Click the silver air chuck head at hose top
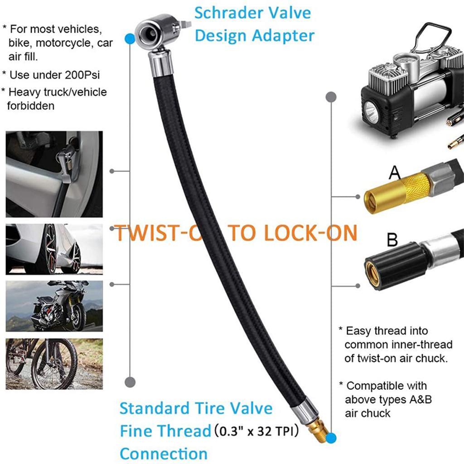[154, 34]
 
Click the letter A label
[395, 173]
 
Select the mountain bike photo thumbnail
[54, 364]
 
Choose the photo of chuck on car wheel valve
[54, 174]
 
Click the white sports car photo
[54, 249]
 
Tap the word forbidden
[31, 106]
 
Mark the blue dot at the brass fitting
[332, 438]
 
